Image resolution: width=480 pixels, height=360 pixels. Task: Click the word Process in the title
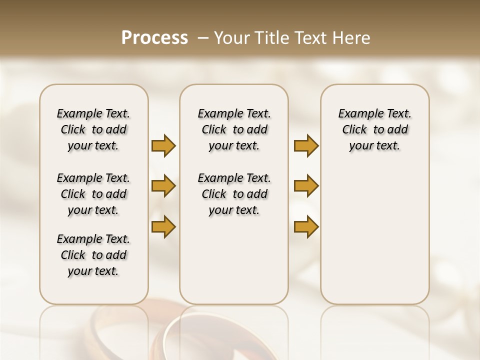[x=154, y=37]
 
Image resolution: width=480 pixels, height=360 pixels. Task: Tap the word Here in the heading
[x=351, y=37]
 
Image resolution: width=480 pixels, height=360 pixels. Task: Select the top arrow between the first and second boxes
[x=163, y=145]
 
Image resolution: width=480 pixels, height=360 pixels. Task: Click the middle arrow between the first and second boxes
[x=163, y=186]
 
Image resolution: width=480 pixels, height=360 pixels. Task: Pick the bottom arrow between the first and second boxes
[x=163, y=226]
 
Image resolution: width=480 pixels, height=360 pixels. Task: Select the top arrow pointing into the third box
[x=306, y=145]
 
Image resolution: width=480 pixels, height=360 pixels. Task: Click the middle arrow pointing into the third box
[x=306, y=186]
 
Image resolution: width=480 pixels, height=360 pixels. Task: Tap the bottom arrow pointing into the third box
[x=306, y=226]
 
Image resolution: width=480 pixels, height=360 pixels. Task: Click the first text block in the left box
[x=93, y=129]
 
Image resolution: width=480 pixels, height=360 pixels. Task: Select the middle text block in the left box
[x=93, y=194]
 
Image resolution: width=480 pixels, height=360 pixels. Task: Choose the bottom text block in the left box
[x=93, y=255]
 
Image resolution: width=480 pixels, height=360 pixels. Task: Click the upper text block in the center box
[x=234, y=129]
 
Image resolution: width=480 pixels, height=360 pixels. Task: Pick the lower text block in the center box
[x=234, y=194]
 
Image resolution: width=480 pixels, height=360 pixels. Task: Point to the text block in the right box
[x=374, y=129]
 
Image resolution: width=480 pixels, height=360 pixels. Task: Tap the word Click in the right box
[x=354, y=130]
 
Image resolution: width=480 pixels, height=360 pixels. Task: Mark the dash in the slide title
[x=203, y=37]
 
